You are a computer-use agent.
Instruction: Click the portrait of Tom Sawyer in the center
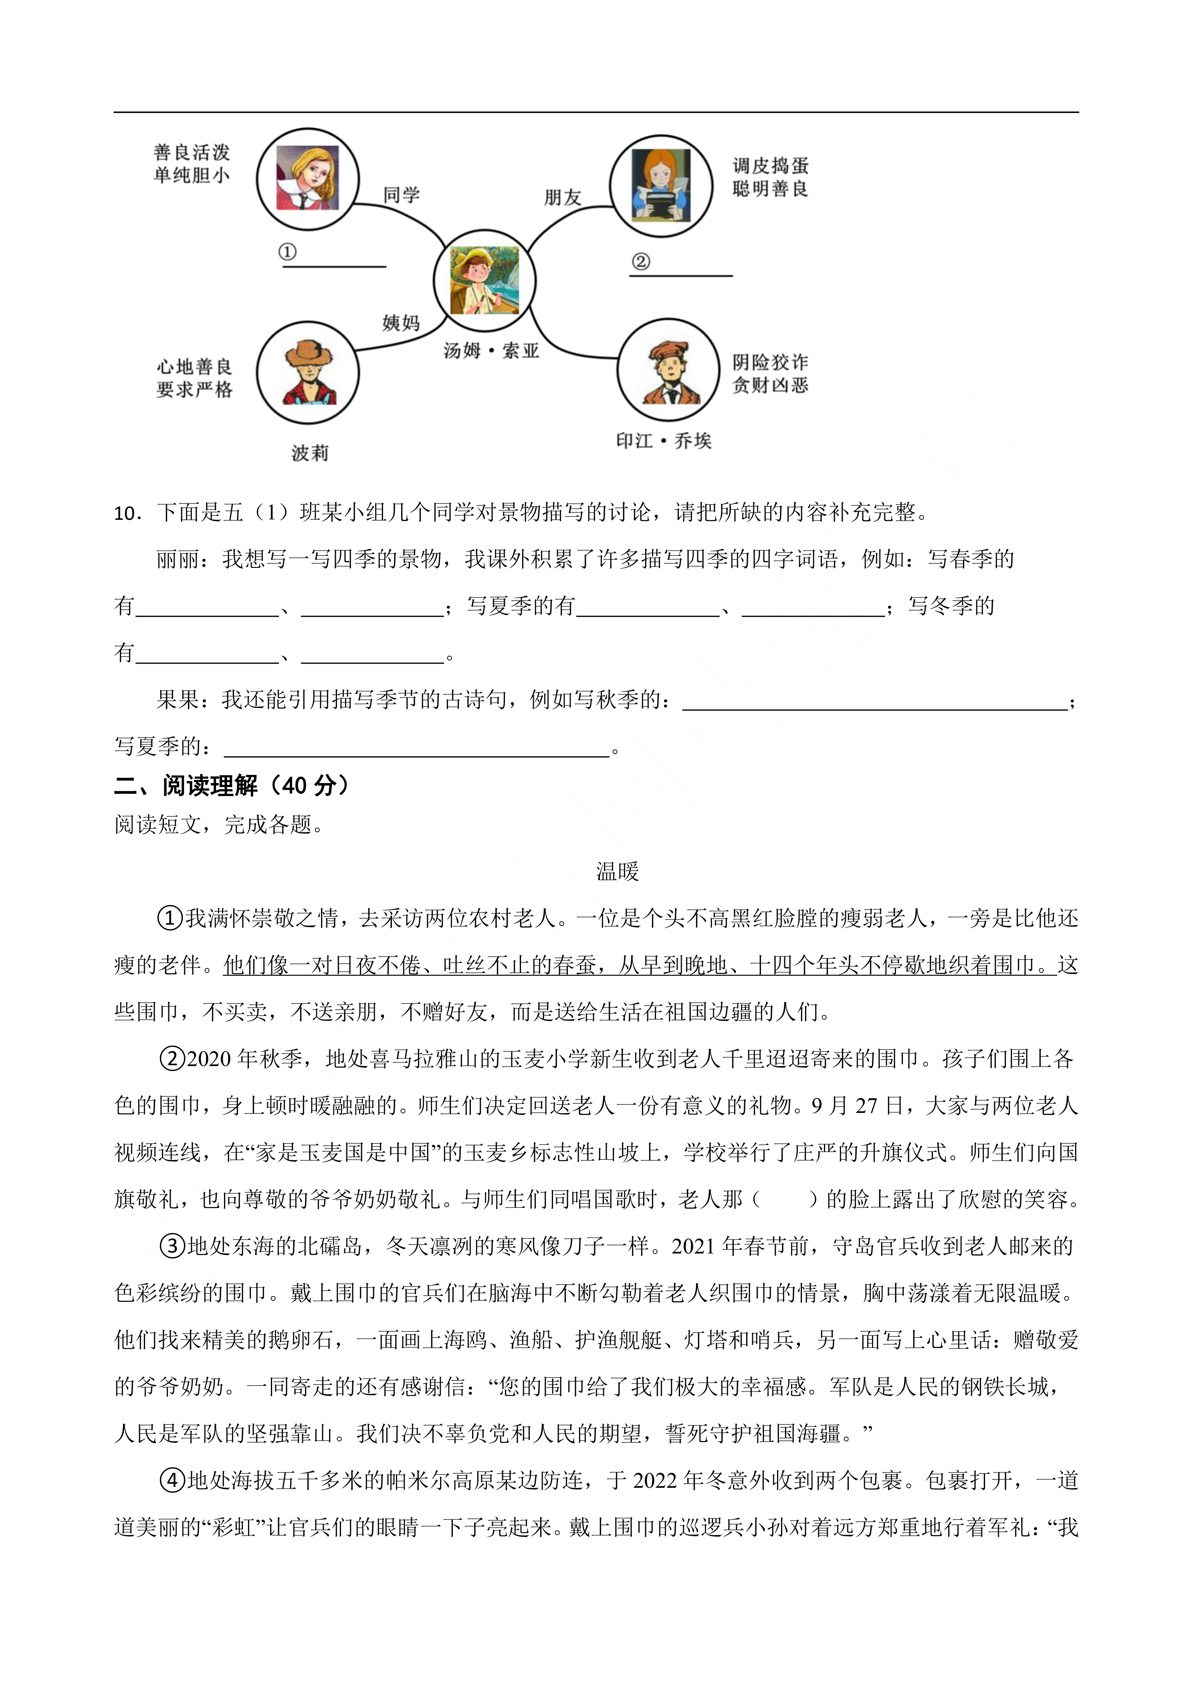(484, 280)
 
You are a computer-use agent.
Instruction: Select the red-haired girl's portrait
(661, 186)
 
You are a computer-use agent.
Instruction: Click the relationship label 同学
(401, 195)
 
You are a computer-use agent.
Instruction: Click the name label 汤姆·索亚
(491, 351)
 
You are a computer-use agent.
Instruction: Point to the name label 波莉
(309, 453)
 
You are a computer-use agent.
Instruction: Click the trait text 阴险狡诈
(770, 362)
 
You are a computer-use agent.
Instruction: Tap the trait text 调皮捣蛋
(770, 166)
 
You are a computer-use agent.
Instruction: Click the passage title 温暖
(617, 872)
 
